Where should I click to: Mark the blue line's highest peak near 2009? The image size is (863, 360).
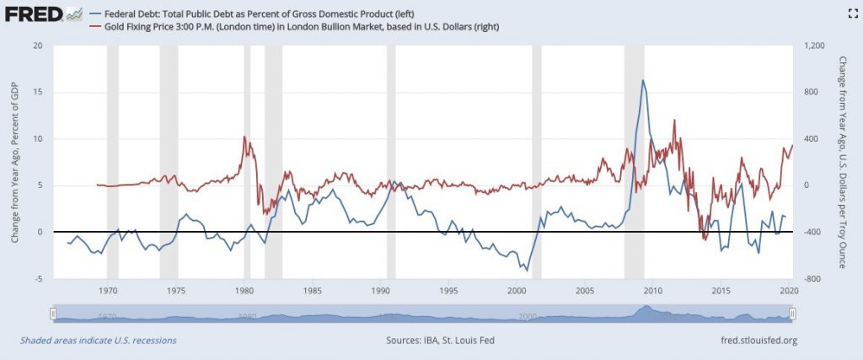pos(643,81)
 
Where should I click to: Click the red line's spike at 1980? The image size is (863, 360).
pos(244,137)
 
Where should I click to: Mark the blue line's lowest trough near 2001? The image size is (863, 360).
pos(528,270)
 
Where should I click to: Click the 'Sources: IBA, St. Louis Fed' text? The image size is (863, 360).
pos(431,341)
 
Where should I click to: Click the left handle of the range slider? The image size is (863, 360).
pos(53,314)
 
